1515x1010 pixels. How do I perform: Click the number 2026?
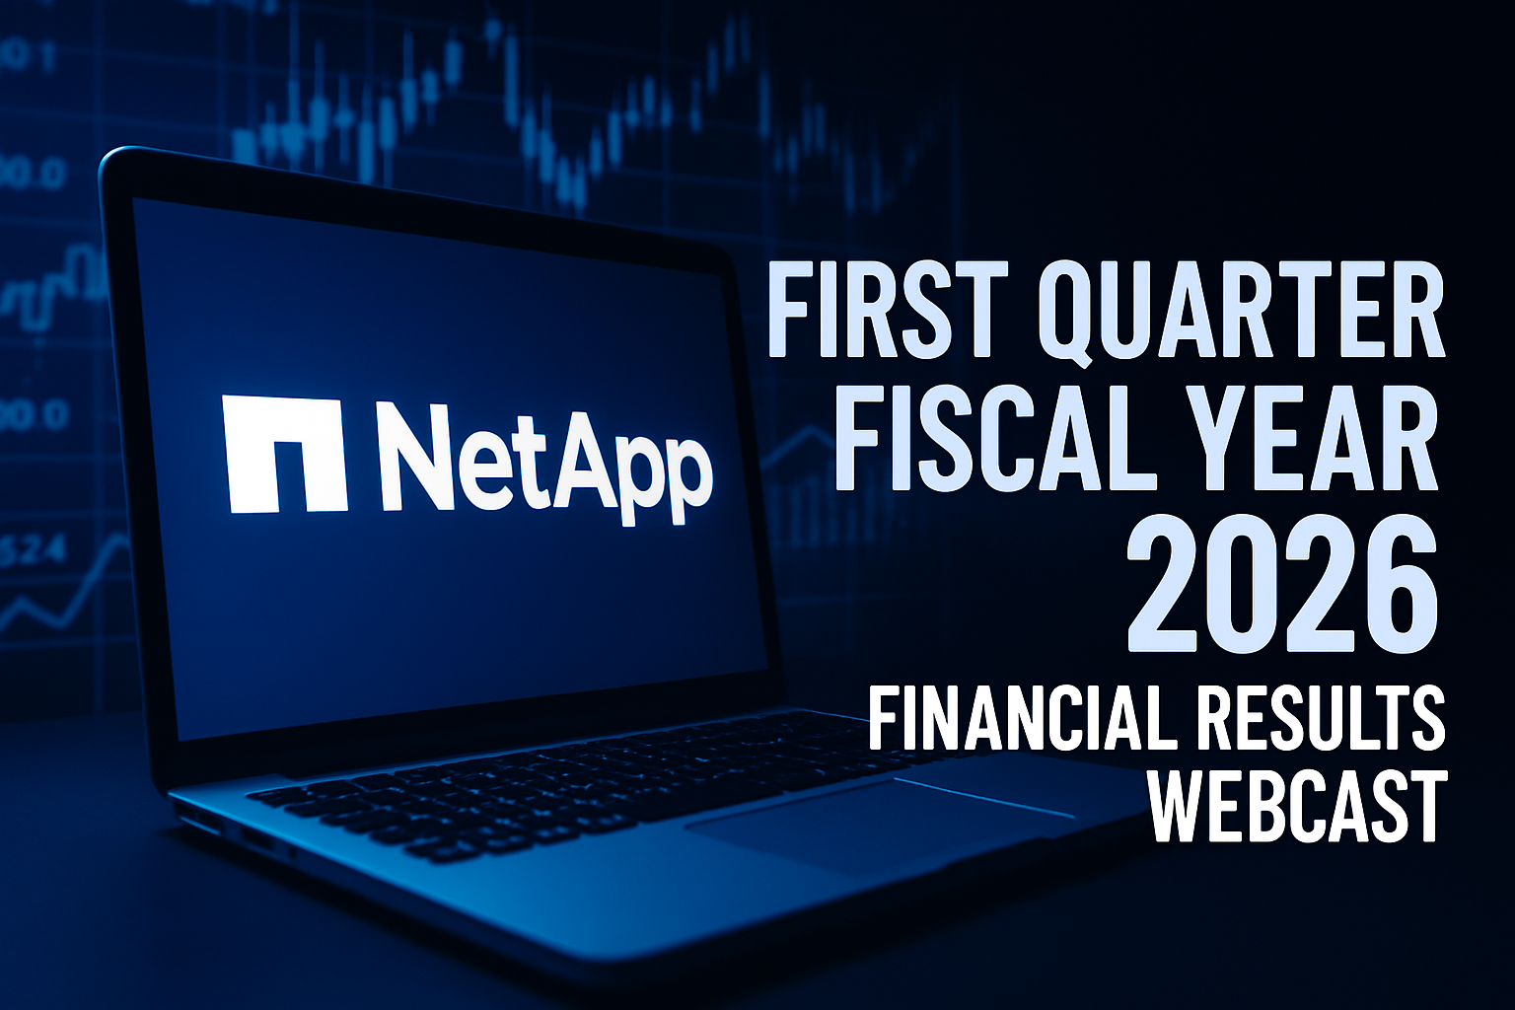click(x=1282, y=589)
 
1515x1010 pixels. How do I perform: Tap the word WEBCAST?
click(x=1298, y=808)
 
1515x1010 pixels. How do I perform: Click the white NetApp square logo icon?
click(x=285, y=454)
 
